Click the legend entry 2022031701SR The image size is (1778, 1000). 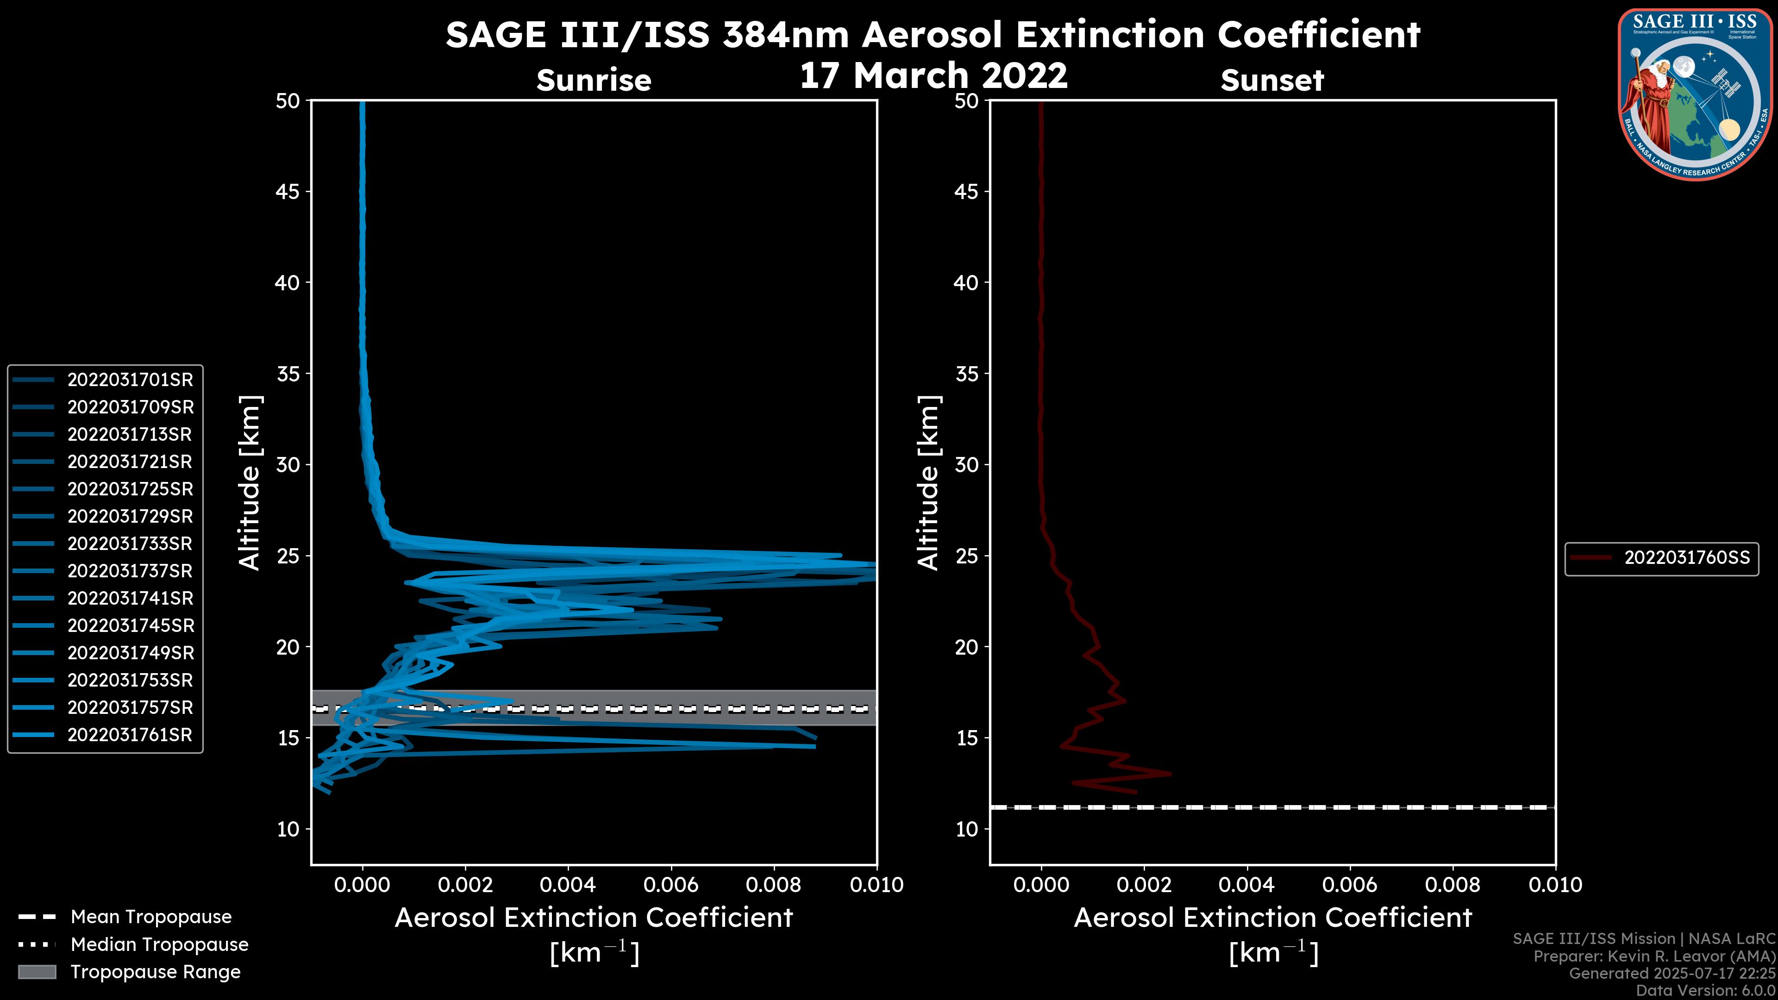pos(130,380)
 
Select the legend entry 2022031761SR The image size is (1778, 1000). pos(130,735)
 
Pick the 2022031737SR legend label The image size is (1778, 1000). pos(130,571)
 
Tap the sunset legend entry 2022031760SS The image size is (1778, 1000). pos(1686,557)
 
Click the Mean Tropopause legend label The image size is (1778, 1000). pos(150,917)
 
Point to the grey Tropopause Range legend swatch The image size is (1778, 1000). pos(37,972)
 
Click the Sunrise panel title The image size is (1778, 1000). pos(594,80)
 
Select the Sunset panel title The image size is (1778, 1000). pos(1272,80)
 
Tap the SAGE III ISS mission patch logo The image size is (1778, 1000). pos(1695,94)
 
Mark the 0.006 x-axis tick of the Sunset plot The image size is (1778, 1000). pos(1349,885)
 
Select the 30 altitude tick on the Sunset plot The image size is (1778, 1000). pos(966,464)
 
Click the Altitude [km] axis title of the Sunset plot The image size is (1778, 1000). pos(928,483)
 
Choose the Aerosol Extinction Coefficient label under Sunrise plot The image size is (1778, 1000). pos(594,918)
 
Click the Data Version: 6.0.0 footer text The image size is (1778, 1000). pos(1705,991)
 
